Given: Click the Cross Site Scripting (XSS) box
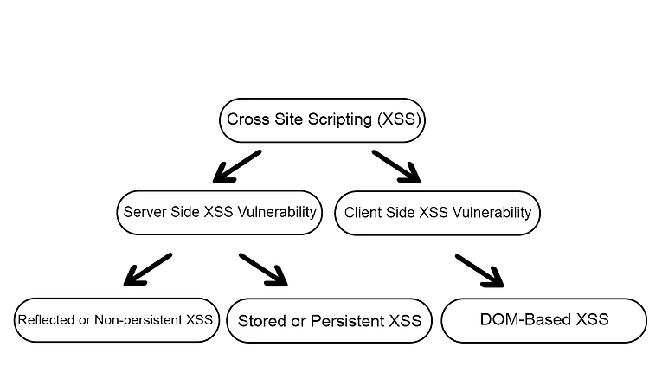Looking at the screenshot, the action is tap(322, 120).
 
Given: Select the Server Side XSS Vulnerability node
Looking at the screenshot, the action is tap(220, 213).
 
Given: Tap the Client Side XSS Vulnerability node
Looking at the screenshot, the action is tap(438, 213).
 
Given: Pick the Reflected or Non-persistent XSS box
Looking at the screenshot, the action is tap(117, 320).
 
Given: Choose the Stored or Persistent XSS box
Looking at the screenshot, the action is tap(330, 321).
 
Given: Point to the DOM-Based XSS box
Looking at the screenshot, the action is tap(544, 321).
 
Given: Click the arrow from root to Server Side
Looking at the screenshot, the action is tap(237, 166).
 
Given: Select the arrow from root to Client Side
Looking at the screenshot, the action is tap(396, 166).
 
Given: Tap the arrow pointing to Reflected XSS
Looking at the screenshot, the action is tap(148, 269).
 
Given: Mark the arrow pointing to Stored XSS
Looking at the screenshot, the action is tap(263, 270).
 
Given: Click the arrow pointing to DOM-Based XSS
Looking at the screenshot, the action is tap(479, 271).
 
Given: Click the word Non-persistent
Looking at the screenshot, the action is tap(138, 320).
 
